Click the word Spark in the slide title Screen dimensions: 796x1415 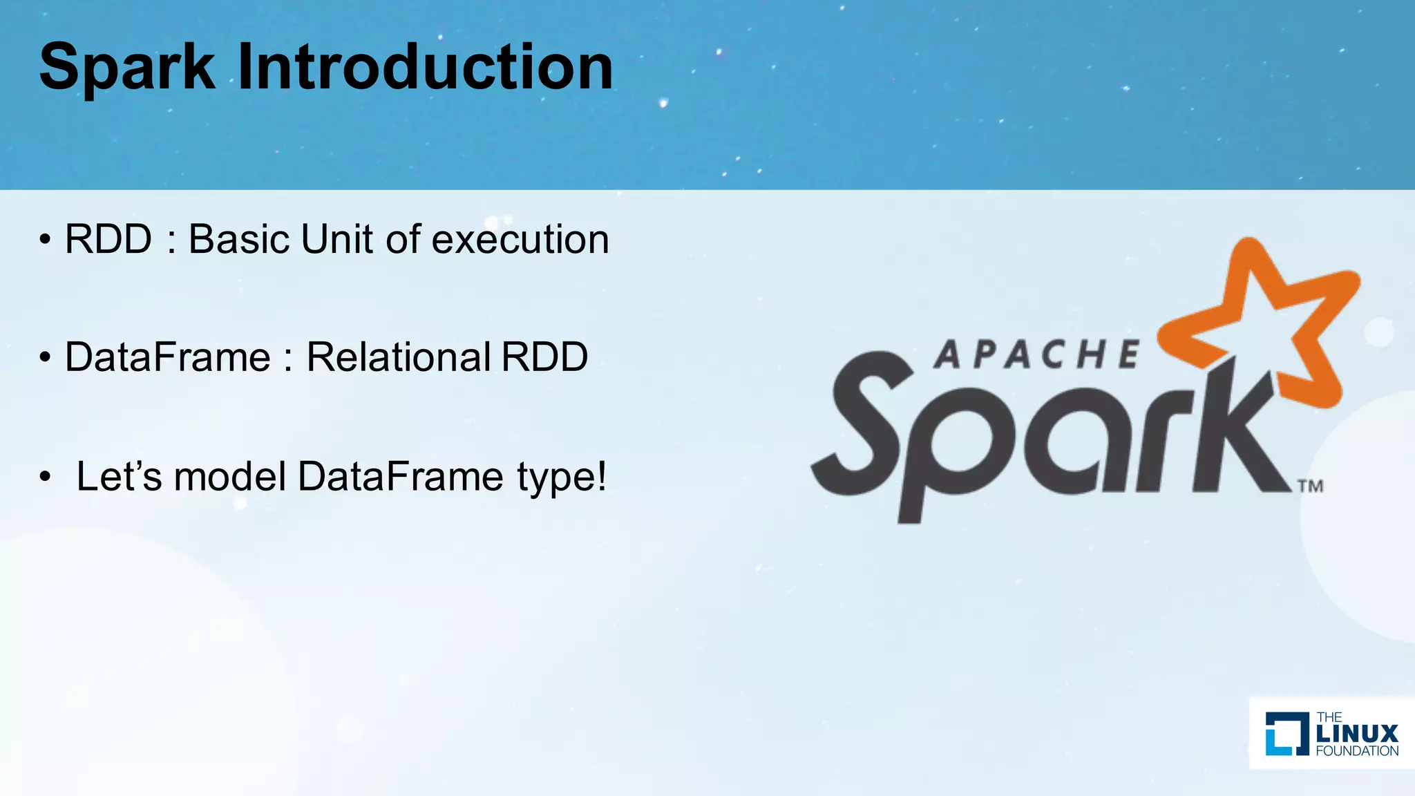click(127, 67)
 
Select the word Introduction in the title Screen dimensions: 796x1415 click(425, 67)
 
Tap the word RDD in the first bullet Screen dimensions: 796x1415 click(108, 239)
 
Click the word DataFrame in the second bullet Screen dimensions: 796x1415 click(167, 357)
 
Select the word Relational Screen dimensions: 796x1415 click(398, 357)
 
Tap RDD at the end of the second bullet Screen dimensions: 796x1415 click(544, 357)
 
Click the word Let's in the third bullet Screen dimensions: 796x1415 click(119, 476)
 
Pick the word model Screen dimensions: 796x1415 click(230, 476)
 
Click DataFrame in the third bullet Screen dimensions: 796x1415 click(401, 476)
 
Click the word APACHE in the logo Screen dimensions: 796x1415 click(1036, 355)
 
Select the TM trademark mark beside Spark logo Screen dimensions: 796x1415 click(1310, 486)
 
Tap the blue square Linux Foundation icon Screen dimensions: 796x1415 click(1286, 733)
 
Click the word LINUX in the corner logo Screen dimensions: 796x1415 click(1357, 733)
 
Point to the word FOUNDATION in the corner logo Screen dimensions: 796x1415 click(1357, 751)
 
